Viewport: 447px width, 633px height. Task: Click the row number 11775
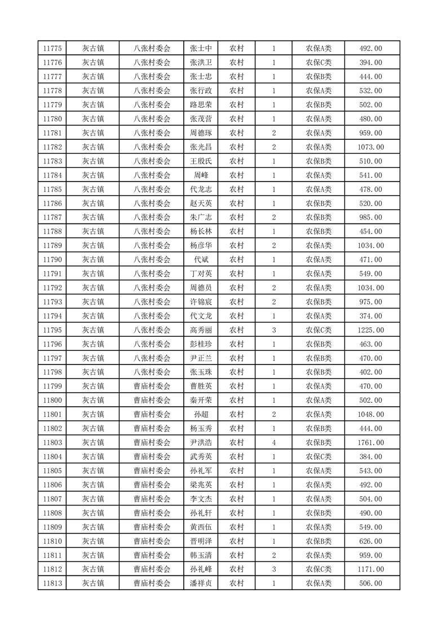click(52, 49)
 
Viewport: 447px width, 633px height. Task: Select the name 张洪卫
click(201, 63)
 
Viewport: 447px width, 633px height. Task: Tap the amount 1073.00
click(370, 147)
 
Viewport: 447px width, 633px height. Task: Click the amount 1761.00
click(370, 443)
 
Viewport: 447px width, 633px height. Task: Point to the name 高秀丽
click(201, 330)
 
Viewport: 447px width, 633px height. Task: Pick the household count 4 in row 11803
click(273, 443)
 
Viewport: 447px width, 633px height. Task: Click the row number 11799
click(52, 386)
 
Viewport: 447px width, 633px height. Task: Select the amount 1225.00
click(370, 330)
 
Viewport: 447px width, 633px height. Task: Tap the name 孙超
click(201, 415)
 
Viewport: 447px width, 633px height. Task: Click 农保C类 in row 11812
click(318, 570)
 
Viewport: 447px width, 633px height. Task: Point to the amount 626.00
click(370, 542)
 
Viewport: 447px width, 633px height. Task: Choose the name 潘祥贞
click(201, 584)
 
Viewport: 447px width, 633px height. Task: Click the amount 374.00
click(370, 316)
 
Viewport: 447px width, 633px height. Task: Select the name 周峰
click(201, 175)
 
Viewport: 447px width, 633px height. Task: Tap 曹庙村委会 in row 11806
click(152, 485)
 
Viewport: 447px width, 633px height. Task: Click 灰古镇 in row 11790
click(93, 260)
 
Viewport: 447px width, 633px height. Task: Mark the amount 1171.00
click(370, 570)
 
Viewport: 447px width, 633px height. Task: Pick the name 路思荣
click(201, 105)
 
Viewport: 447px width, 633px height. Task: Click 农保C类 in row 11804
click(318, 457)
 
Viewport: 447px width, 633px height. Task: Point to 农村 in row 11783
click(236, 161)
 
